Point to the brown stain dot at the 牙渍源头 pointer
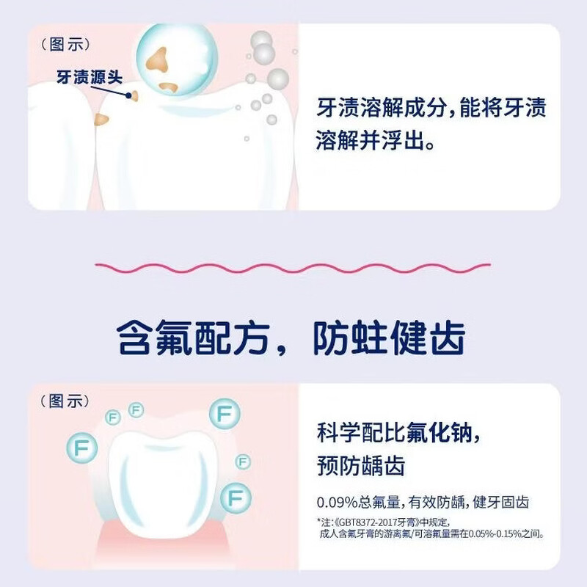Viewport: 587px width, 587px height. (x=134, y=94)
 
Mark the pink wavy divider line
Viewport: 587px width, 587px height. (x=293, y=265)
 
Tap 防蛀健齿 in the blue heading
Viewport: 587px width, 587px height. (x=389, y=340)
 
